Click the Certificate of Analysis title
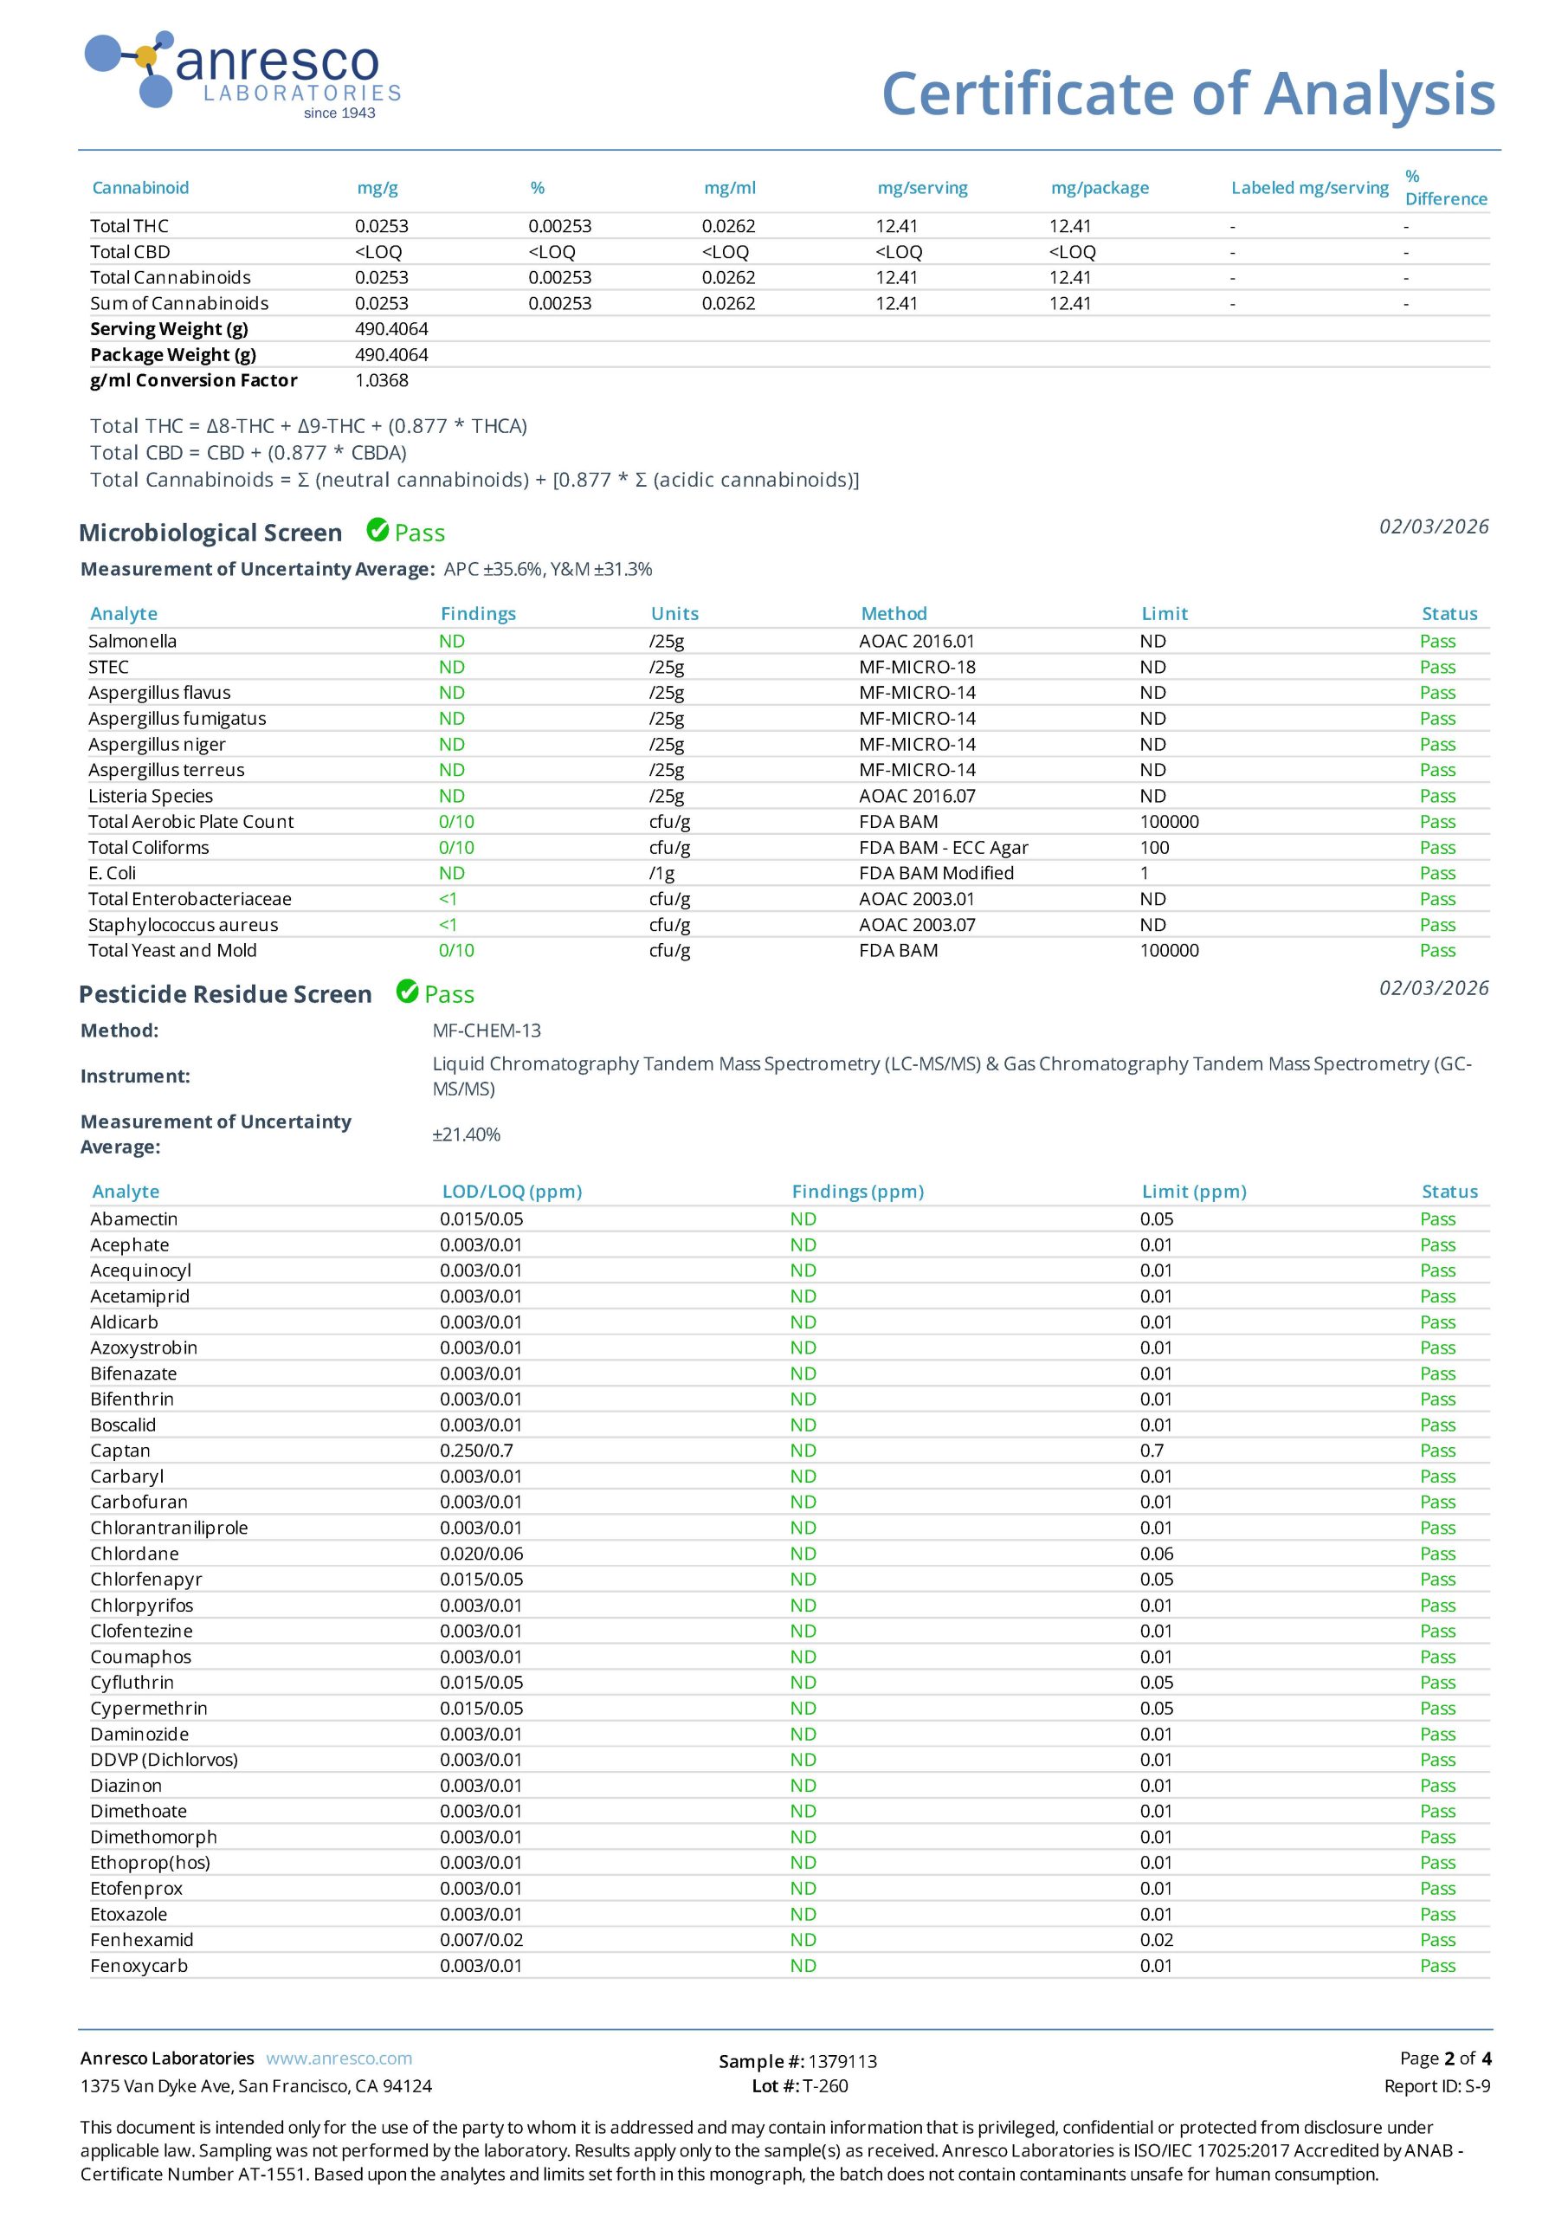click(x=1188, y=94)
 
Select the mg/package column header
click(x=1100, y=187)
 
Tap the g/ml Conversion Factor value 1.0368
click(x=381, y=380)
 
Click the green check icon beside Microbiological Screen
click(x=377, y=530)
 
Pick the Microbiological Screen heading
click(x=210, y=533)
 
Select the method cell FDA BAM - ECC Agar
click(x=943, y=848)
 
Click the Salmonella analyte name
click(x=132, y=641)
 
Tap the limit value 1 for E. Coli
click(x=1144, y=873)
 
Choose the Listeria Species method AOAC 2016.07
click(x=917, y=796)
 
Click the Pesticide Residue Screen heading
click(x=225, y=994)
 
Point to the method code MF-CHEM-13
click(x=487, y=1031)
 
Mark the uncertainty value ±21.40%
click(x=467, y=1134)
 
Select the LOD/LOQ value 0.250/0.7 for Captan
click(x=477, y=1451)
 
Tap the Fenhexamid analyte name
click(x=142, y=1940)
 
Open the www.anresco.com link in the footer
click(x=339, y=2059)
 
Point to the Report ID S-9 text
click(x=1436, y=2085)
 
